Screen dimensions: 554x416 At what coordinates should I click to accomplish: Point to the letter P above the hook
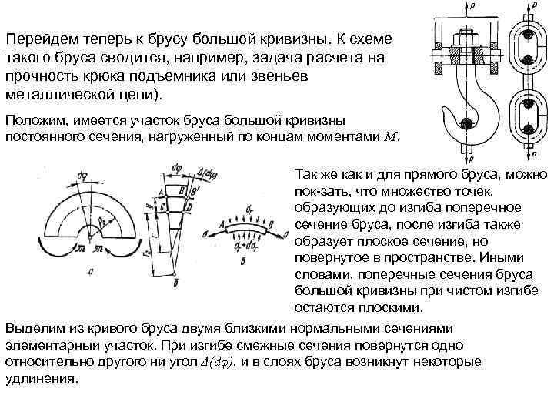point(473,5)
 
